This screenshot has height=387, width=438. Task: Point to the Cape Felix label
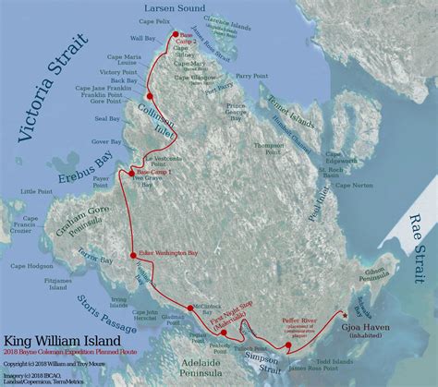186,18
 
